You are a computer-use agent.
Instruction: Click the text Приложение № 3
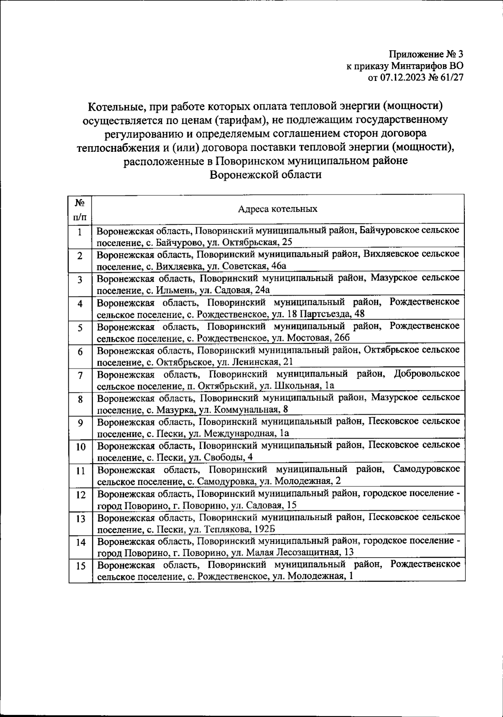click(426, 55)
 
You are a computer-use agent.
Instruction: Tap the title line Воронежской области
click(265, 174)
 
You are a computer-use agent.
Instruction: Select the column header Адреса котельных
click(277, 209)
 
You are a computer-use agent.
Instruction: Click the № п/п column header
click(80, 209)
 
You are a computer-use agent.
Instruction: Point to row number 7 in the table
click(80, 376)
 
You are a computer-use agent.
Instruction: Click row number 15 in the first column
click(80, 566)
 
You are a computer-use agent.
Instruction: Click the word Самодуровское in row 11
click(426, 468)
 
